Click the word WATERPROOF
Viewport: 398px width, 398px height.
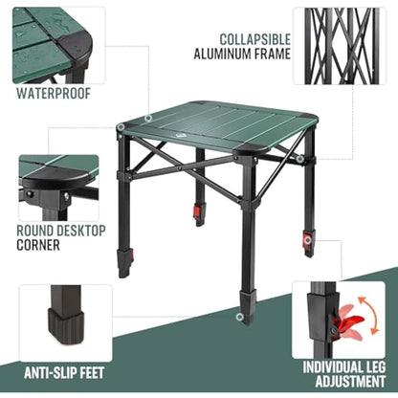[x=53, y=94]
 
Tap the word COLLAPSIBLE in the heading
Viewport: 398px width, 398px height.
[x=255, y=39]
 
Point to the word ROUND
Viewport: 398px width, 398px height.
[x=38, y=230]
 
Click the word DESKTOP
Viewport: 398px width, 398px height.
[x=88, y=230]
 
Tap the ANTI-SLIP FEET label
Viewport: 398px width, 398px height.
[x=65, y=372]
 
